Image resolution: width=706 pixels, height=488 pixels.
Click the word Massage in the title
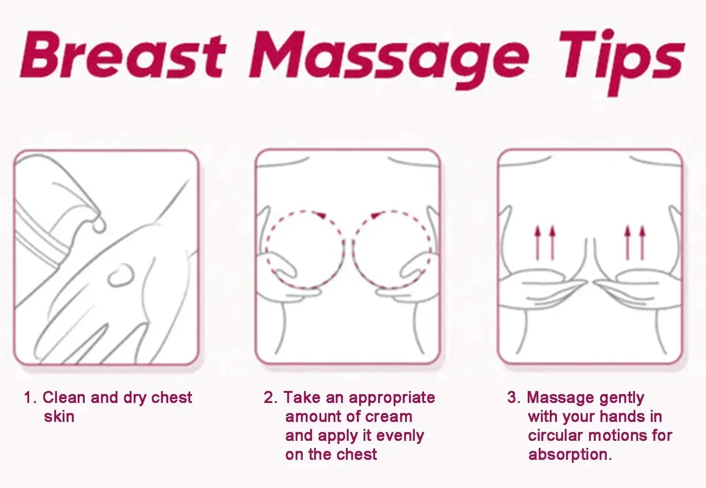(x=388, y=60)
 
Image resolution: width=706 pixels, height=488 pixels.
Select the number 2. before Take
(x=270, y=398)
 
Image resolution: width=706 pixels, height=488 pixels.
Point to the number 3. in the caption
(x=514, y=398)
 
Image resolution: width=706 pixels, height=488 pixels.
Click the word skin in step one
(x=59, y=417)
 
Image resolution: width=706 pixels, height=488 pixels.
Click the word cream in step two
(x=388, y=417)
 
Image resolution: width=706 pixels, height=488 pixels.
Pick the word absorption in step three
(x=569, y=454)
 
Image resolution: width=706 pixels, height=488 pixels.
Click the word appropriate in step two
(x=392, y=398)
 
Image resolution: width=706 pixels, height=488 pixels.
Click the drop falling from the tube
(x=99, y=225)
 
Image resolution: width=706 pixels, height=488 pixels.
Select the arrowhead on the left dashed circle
(x=321, y=215)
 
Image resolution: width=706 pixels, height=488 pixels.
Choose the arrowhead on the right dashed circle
(x=375, y=215)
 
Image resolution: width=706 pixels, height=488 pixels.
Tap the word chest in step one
(x=171, y=398)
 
